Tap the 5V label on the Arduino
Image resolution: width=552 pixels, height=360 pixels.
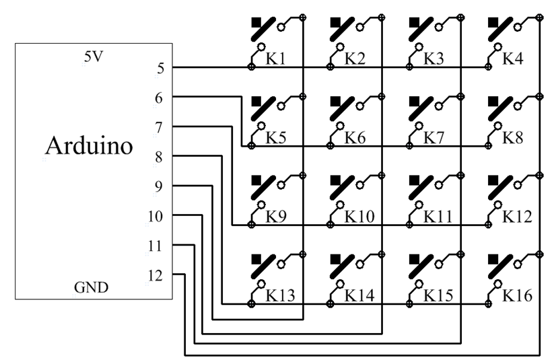point(93,57)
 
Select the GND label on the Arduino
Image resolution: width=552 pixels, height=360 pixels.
point(90,289)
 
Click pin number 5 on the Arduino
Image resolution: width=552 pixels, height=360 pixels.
point(159,67)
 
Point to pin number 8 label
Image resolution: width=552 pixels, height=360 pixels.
point(159,156)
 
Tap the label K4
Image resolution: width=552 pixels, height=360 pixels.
point(513,59)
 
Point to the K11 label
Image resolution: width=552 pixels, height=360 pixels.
point(437,217)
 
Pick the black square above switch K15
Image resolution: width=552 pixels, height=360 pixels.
point(414,258)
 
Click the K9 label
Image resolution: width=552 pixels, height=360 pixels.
point(276,217)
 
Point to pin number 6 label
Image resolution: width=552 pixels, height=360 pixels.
point(159,97)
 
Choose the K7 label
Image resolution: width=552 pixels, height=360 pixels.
point(434,139)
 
